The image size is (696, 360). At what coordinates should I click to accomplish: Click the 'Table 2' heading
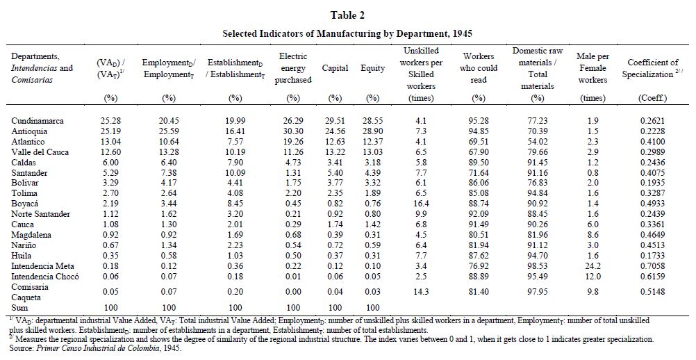pos(347,15)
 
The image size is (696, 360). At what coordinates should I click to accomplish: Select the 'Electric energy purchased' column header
pos(292,68)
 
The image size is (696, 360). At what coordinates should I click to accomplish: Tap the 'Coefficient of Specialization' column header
pos(652,68)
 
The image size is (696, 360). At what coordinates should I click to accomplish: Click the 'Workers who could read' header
pos(479,68)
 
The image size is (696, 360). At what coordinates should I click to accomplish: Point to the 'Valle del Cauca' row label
pos(40,152)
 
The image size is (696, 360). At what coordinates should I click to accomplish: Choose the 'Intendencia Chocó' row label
pos(45,276)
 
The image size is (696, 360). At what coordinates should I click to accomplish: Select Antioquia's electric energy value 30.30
pos(293,131)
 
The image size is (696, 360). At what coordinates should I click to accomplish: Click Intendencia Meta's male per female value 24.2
pos(593,265)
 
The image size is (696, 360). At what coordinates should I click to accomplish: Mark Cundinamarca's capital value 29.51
pos(335,121)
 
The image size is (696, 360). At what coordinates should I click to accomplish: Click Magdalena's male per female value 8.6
pos(593,235)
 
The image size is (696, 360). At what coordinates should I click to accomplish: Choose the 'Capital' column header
pos(335,68)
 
